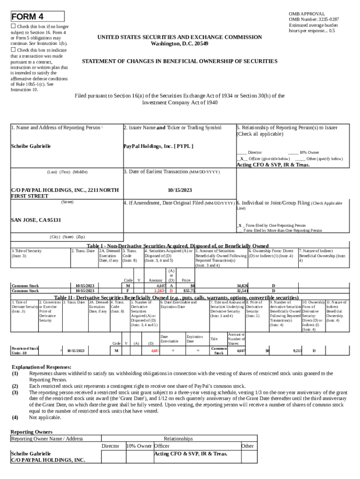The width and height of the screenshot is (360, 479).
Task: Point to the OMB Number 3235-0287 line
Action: (x=314, y=19)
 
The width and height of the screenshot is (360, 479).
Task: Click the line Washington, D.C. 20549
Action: (x=180, y=44)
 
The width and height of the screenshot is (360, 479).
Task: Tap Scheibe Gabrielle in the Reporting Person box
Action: (x=30, y=146)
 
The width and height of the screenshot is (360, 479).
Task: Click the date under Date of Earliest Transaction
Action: (x=180, y=190)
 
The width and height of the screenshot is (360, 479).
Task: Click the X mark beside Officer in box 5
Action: (x=241, y=159)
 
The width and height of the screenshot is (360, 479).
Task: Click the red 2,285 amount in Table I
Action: (x=160, y=290)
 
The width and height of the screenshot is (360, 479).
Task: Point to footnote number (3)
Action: (x=15, y=392)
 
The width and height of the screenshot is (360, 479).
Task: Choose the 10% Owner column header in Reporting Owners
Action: (x=139, y=446)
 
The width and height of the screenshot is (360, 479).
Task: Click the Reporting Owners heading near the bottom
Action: (x=31, y=431)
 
